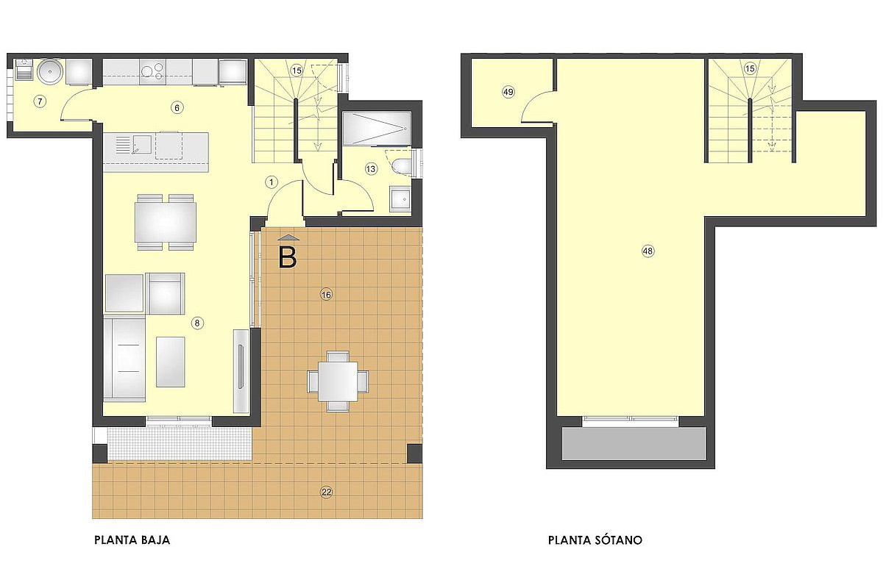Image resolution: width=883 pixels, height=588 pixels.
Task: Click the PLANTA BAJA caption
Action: click(x=132, y=539)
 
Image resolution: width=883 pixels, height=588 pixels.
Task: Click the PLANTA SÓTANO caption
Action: click(x=595, y=539)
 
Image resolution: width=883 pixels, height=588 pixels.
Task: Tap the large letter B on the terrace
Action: click(x=288, y=259)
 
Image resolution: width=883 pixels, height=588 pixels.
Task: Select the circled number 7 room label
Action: click(x=40, y=101)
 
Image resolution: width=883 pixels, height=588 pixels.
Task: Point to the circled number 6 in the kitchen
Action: click(x=177, y=107)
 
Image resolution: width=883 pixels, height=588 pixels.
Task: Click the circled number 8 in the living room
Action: click(x=197, y=323)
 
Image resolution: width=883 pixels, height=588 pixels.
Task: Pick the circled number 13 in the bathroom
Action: click(x=371, y=169)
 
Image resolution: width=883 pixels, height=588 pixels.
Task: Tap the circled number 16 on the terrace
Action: click(x=326, y=295)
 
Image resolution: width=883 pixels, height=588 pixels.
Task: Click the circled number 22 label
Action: click(x=327, y=492)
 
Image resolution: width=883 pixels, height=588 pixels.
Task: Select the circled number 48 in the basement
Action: click(x=648, y=251)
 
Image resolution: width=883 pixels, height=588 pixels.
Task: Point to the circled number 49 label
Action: click(x=508, y=92)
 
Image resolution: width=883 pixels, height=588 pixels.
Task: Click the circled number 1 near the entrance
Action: click(x=272, y=182)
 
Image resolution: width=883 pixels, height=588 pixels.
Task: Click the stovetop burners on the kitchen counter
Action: click(x=152, y=71)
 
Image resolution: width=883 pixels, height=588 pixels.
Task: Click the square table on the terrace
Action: click(x=338, y=381)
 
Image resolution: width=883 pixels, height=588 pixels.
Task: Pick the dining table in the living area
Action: click(x=165, y=222)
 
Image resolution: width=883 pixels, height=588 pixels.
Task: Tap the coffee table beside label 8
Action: click(x=170, y=362)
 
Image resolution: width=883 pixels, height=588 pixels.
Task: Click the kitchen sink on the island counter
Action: click(x=134, y=146)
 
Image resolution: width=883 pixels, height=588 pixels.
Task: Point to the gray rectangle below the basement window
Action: click(x=634, y=443)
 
